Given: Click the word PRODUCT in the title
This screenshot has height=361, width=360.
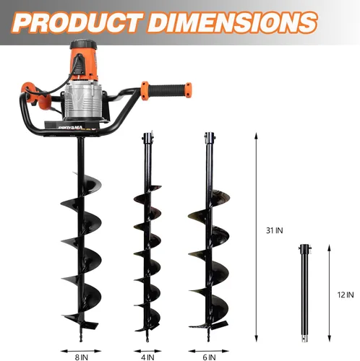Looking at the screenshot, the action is (x=77, y=22).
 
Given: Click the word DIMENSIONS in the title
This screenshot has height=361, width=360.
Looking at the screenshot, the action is (x=232, y=22).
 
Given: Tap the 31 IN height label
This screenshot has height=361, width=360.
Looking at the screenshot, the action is (x=274, y=230).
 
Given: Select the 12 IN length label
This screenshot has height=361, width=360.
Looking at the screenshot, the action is (x=346, y=295).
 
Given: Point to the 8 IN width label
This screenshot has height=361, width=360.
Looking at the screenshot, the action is (x=81, y=357).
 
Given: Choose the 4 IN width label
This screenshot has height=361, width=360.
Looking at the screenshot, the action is (x=147, y=357).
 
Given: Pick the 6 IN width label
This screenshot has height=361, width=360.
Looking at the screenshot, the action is (x=209, y=357).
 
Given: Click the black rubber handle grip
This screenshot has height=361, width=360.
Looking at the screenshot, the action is (x=167, y=90).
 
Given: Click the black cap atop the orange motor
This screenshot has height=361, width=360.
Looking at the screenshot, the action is (x=83, y=45).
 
